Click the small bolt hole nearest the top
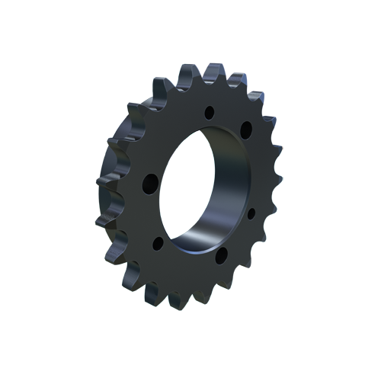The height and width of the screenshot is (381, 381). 210,112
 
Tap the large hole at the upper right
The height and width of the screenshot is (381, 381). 246,130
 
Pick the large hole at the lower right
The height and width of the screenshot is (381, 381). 222,255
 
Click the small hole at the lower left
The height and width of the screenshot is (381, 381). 158,244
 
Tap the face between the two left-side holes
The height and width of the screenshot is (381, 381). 151,215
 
